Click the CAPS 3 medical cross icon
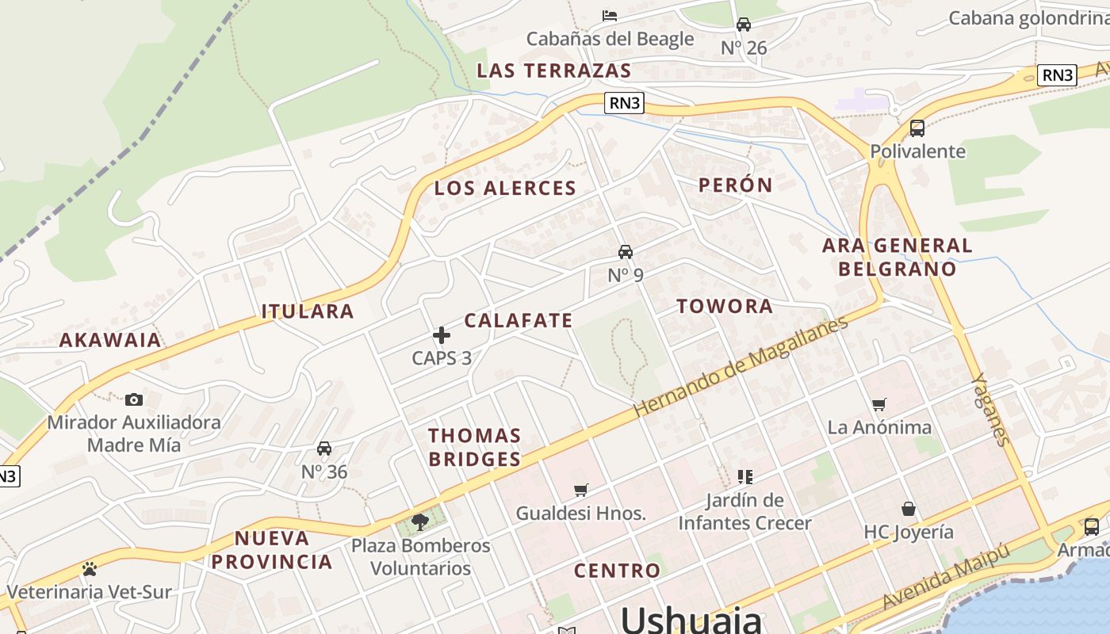click(x=442, y=335)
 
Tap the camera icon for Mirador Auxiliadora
click(x=134, y=399)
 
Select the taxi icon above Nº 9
click(x=626, y=252)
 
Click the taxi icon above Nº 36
click(x=324, y=449)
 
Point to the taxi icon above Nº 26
click(x=744, y=25)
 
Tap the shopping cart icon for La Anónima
click(x=878, y=405)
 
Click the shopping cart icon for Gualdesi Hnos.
click(x=581, y=491)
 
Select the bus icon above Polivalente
click(x=917, y=128)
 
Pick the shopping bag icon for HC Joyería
click(x=909, y=508)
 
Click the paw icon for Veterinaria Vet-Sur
click(x=89, y=569)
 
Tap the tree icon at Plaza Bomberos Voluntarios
click(x=420, y=521)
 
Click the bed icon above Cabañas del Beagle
click(x=610, y=15)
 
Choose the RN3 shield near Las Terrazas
click(x=624, y=102)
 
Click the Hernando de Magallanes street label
click(x=741, y=367)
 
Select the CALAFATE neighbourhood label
click(x=518, y=321)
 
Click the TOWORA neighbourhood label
click(x=724, y=307)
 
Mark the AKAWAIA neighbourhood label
click(x=110, y=341)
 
